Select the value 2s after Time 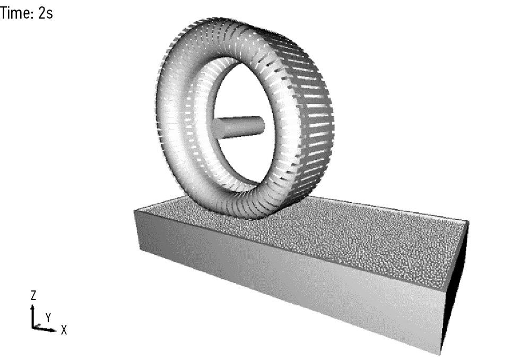[46, 13]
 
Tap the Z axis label [33, 295]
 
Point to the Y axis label [48, 318]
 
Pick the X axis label [64, 330]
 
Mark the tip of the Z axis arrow [32, 306]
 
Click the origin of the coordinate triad [33, 328]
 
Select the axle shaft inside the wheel [239, 127]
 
